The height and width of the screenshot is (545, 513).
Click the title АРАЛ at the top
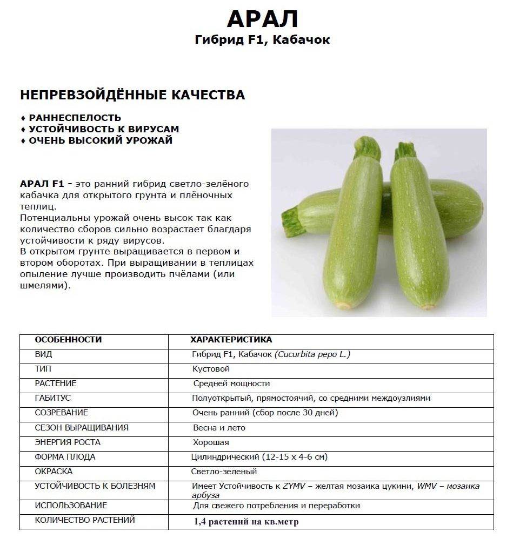click(x=262, y=19)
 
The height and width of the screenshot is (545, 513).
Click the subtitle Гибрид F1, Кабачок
click(x=262, y=40)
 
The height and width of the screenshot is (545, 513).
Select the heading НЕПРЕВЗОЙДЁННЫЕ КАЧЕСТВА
click(x=132, y=96)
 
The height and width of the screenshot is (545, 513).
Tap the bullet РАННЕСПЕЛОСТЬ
click(x=75, y=118)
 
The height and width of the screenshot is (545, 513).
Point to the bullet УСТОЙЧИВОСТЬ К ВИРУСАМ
click(x=104, y=129)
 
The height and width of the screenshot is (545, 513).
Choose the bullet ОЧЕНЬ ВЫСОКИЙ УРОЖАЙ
click(x=101, y=140)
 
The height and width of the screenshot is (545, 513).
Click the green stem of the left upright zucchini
click(x=368, y=147)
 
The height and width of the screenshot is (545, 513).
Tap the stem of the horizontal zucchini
click(x=290, y=220)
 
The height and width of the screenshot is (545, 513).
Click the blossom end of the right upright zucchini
click(x=428, y=306)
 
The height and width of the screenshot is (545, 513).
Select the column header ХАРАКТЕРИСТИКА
click(x=231, y=340)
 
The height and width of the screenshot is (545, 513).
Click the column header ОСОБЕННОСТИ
click(x=68, y=340)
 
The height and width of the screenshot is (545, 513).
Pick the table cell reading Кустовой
click(x=211, y=369)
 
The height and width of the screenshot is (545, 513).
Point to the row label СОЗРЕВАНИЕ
click(x=61, y=413)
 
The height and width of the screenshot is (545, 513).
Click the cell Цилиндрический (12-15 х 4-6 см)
click(x=259, y=457)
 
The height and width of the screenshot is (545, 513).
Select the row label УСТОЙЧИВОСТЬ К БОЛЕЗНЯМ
click(x=95, y=486)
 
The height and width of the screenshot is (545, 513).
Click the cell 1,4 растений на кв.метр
click(x=246, y=522)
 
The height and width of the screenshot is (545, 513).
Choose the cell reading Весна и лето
click(x=219, y=428)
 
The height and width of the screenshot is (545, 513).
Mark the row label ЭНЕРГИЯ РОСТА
click(x=68, y=442)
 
